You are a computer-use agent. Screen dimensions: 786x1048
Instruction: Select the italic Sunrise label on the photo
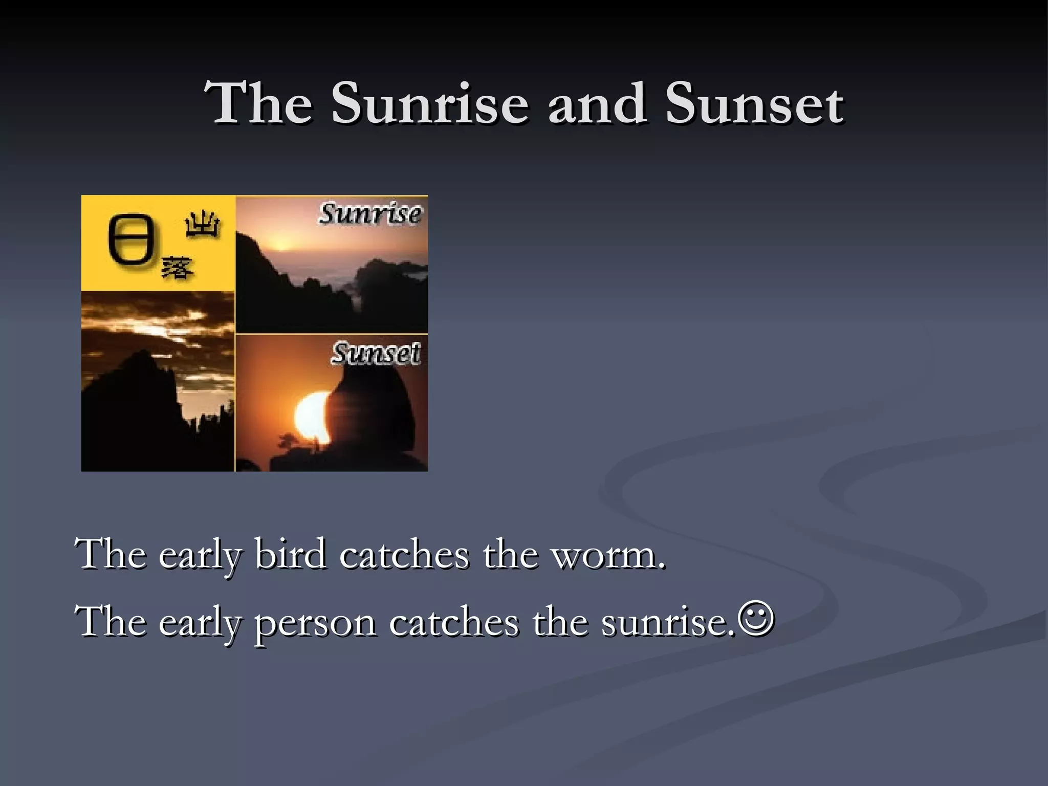click(369, 214)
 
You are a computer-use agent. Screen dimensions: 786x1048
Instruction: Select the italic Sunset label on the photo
click(376, 353)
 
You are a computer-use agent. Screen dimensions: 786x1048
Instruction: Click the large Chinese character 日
click(132, 241)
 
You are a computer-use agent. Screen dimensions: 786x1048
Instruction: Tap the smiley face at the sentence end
click(756, 619)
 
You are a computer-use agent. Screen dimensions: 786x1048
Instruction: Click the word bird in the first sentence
click(290, 554)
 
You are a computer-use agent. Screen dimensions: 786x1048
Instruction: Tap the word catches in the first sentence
click(404, 554)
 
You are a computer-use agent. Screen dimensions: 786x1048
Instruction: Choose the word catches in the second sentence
click(453, 623)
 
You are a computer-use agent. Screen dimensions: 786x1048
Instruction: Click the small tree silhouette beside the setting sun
click(288, 441)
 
